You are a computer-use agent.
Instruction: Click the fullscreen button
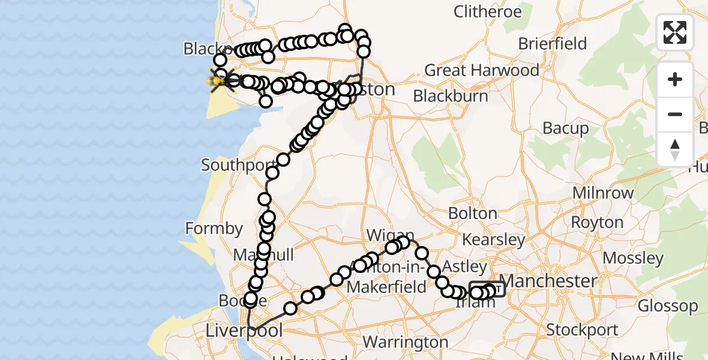(675, 32)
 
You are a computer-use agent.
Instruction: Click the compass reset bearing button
(675, 149)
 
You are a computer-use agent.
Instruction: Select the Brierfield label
(553, 43)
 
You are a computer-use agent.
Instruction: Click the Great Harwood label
(482, 70)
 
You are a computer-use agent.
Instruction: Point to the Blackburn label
(450, 95)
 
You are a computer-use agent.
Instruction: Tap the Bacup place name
(566, 128)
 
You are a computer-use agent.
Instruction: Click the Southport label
(233, 164)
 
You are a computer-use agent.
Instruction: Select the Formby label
(214, 229)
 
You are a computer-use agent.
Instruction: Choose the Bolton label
(472, 214)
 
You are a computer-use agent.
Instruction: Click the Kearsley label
(494, 240)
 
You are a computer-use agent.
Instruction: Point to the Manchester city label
(548, 281)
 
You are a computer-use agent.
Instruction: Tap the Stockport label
(583, 330)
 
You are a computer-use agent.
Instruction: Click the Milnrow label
(604, 193)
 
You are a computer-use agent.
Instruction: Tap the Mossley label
(634, 258)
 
